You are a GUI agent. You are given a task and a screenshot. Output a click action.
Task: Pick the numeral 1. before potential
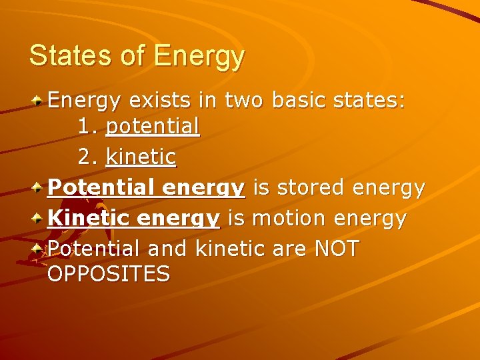click(x=87, y=126)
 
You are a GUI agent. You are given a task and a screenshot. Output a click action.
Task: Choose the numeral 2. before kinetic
click(x=87, y=157)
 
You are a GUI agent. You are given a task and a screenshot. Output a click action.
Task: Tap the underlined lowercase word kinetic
click(x=141, y=157)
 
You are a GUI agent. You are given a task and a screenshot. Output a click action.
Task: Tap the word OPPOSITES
click(x=109, y=273)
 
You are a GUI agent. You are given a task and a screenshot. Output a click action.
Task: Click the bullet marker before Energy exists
click(x=39, y=101)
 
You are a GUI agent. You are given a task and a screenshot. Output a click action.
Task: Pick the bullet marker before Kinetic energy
click(x=39, y=218)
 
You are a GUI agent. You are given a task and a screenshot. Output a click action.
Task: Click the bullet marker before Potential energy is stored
click(x=39, y=188)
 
